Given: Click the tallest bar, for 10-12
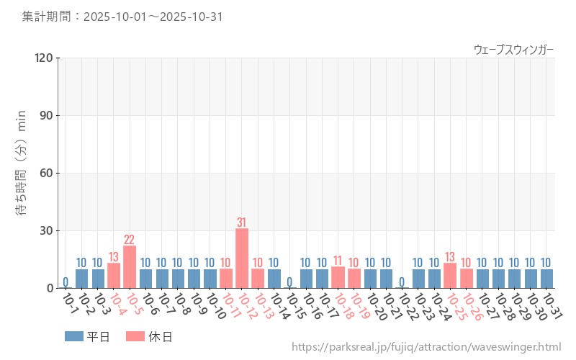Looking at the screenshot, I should pos(242,258).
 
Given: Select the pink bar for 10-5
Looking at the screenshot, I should pos(130,267).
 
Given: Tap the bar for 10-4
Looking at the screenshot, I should pos(114,276).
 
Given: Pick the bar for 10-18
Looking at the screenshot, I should pos(338,277).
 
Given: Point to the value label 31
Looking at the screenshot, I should pos(242,222).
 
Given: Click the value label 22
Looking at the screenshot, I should pos(130,240).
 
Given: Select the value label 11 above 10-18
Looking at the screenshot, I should pos(338,261).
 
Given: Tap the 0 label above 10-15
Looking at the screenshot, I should pos(289,282).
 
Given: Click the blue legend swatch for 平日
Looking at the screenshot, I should pos(74,336).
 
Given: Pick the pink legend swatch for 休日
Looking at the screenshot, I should pos(135,336).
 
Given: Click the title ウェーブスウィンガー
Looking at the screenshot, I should pos(513,49).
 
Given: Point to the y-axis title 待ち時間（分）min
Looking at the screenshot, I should pos(22,173).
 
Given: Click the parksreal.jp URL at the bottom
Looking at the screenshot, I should pos(427,347).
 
